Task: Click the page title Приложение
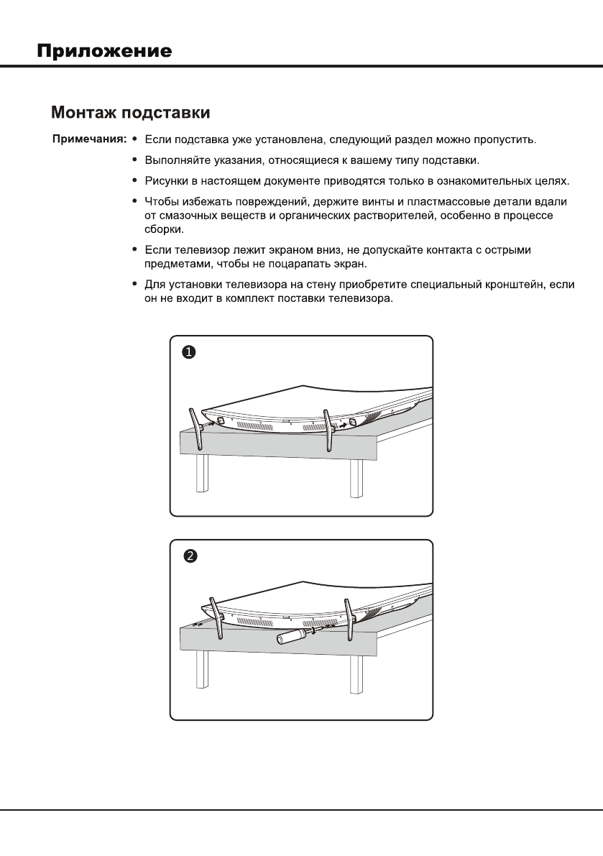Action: (104, 52)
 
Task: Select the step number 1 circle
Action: (188, 352)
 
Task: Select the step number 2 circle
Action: (188, 556)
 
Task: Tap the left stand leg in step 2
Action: (213, 615)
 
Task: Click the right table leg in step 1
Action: (355, 477)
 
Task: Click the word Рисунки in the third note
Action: (167, 178)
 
